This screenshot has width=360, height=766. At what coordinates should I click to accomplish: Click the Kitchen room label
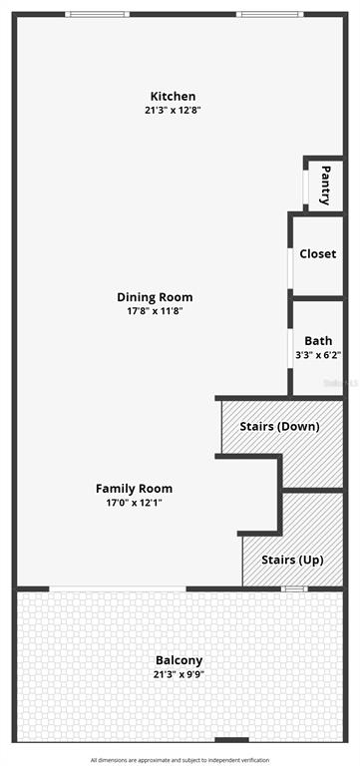click(x=173, y=96)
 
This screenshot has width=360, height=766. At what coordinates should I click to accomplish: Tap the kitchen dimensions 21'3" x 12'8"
click(x=173, y=110)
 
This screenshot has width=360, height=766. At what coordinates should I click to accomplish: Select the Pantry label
click(x=326, y=186)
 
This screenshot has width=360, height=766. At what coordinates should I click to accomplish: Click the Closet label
click(x=318, y=254)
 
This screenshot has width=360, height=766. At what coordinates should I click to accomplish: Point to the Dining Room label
click(x=155, y=297)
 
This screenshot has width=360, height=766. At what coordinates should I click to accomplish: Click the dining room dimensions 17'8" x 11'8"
click(x=155, y=311)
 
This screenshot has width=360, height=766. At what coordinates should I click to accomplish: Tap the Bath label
click(x=318, y=340)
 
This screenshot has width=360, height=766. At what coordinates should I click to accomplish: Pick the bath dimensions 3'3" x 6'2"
click(x=318, y=355)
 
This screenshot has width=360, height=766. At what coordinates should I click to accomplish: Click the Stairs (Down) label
click(x=280, y=427)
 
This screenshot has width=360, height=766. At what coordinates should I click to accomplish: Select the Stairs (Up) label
click(x=292, y=560)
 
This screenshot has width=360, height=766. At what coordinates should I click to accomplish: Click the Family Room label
click(x=134, y=488)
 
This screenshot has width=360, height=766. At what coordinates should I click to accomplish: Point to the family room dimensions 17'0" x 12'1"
click(x=134, y=503)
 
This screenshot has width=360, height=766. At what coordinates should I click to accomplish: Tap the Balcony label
click(x=179, y=660)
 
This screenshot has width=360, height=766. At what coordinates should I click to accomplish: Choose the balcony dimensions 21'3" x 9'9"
click(x=179, y=675)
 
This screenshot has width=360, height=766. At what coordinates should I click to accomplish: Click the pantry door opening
click(x=306, y=188)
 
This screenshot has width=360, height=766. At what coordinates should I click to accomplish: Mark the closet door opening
click(x=290, y=268)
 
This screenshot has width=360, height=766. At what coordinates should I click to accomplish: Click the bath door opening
click(x=290, y=348)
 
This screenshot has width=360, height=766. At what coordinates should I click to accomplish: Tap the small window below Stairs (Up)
click(x=294, y=588)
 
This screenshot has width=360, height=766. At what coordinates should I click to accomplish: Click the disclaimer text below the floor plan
click(x=180, y=760)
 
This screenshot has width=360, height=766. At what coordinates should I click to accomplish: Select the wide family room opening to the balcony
click(x=118, y=588)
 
